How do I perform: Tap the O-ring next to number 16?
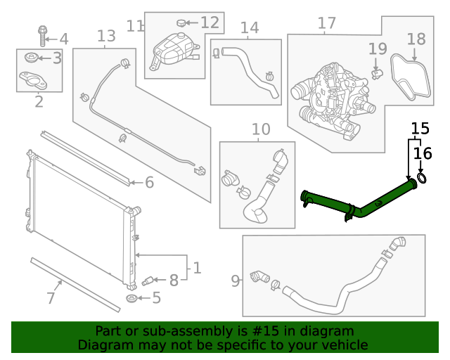[422, 179]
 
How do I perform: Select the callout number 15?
[420, 129]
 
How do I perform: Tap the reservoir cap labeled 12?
[181, 23]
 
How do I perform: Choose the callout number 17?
[326, 24]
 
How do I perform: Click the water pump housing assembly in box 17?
[330, 95]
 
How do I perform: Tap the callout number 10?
[260, 129]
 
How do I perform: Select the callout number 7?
[50, 298]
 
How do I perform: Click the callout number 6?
[149, 183]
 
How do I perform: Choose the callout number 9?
[236, 281]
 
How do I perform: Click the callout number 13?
[105, 35]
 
